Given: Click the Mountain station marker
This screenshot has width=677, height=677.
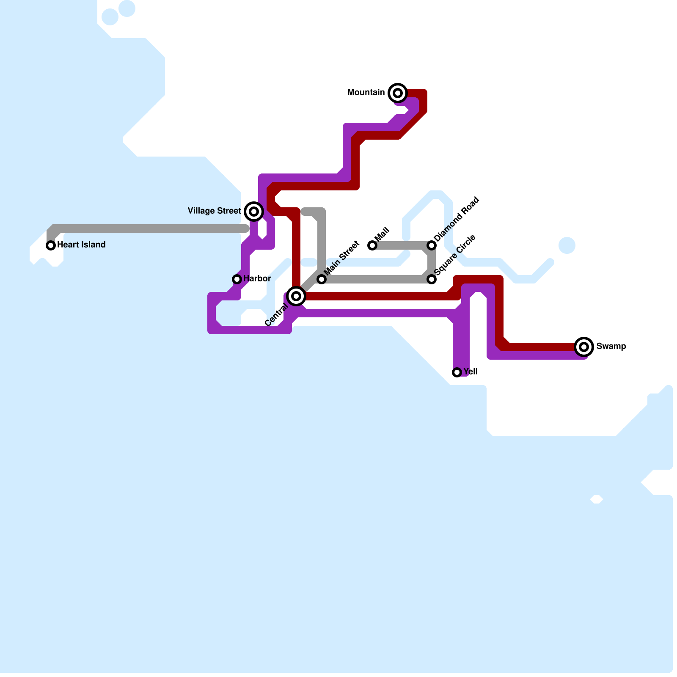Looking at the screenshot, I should click(397, 93).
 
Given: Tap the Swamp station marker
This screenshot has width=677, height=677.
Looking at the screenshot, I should click(584, 347).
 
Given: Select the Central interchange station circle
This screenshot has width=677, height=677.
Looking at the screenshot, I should click(296, 296).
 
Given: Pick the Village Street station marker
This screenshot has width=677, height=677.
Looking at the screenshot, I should click(253, 211).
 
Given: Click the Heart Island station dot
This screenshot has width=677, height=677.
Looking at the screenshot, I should click(51, 245).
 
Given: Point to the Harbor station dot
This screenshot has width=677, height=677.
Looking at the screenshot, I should click(237, 279).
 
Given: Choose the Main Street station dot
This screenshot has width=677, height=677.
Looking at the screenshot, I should click(322, 279).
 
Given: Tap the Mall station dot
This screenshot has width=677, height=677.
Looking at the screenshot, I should click(372, 245).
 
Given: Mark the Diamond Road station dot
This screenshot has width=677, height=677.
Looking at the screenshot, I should click(432, 245).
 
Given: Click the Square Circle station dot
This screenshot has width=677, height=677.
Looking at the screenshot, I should click(432, 279).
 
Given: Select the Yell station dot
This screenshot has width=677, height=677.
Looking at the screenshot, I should click(457, 372).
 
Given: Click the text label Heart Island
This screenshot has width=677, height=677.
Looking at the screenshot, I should click(81, 245).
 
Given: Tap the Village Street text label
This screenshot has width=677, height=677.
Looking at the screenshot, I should click(214, 211).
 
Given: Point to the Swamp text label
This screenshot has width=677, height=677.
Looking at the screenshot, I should click(611, 346).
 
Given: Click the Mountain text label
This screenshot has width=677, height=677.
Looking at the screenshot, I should click(366, 92).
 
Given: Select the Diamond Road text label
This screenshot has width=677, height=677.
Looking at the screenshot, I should click(457, 219).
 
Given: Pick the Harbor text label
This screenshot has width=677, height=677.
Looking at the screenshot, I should click(257, 278).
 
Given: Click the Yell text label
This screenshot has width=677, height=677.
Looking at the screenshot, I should click(471, 372).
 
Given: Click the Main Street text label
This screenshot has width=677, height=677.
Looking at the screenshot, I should click(342, 258).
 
